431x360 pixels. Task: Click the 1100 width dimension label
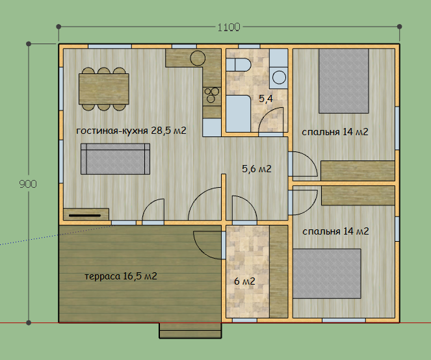(229, 27)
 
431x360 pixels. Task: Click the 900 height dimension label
(28, 184)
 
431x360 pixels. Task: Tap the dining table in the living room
(104, 89)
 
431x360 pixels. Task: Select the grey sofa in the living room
(116, 159)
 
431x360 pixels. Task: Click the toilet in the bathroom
(239, 65)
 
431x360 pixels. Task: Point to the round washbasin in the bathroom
(279, 77)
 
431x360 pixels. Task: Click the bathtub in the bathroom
(239, 114)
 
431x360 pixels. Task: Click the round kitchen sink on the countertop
(198, 58)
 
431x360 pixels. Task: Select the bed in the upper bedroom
(344, 81)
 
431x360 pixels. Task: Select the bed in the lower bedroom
(327, 274)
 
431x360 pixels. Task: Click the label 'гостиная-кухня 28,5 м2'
(131, 131)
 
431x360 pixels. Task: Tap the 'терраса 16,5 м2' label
(121, 276)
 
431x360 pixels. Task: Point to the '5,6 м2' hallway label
(257, 168)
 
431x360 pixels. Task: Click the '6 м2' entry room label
(244, 281)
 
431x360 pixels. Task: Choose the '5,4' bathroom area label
(266, 98)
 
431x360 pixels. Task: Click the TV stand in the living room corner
(86, 214)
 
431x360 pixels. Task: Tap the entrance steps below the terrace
(190, 330)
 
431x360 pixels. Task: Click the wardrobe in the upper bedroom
(358, 171)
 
